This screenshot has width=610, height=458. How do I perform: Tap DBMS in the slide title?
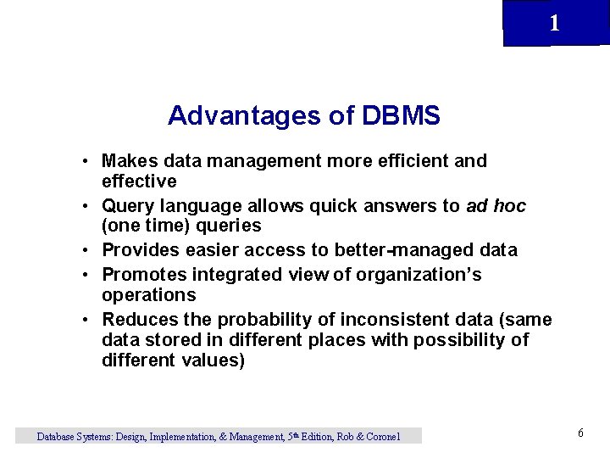400,115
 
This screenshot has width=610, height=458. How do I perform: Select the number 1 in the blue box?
554,24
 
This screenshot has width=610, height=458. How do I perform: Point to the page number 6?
580,433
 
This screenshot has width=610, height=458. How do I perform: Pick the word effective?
139,182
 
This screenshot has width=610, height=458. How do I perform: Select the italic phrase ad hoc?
496,206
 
